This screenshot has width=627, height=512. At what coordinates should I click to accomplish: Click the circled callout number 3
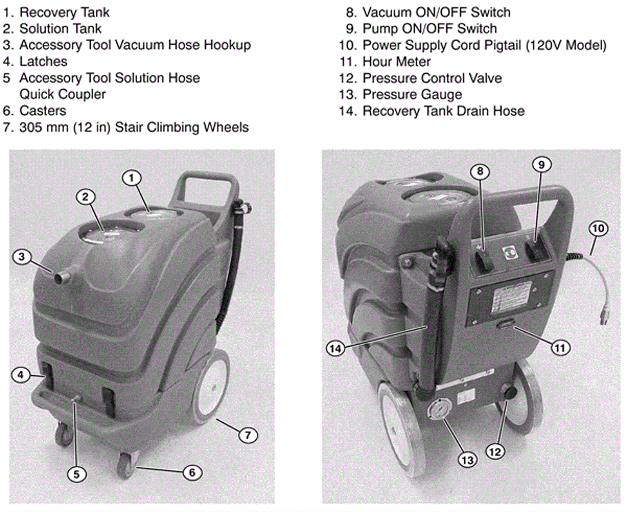pyautogui.click(x=22, y=257)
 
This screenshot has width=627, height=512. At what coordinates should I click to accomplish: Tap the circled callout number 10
pyautogui.click(x=598, y=229)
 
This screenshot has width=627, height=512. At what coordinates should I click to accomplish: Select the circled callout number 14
pyautogui.click(x=335, y=349)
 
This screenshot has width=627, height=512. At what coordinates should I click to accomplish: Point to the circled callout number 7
pyautogui.click(x=248, y=435)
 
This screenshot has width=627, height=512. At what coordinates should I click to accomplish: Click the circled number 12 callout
pyautogui.click(x=495, y=452)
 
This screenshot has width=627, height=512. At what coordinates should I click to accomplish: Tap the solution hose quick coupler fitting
pyautogui.click(x=75, y=400)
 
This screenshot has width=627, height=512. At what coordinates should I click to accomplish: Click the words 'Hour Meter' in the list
pyautogui.click(x=397, y=62)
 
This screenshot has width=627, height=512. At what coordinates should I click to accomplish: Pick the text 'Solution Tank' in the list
pyautogui.click(x=60, y=29)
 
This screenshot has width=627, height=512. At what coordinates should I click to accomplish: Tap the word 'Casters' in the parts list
pyautogui.click(x=43, y=111)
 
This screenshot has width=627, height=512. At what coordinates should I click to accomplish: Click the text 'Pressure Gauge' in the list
pyautogui.click(x=412, y=94)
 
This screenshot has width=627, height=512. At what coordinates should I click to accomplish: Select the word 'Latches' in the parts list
pyautogui.click(x=43, y=62)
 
